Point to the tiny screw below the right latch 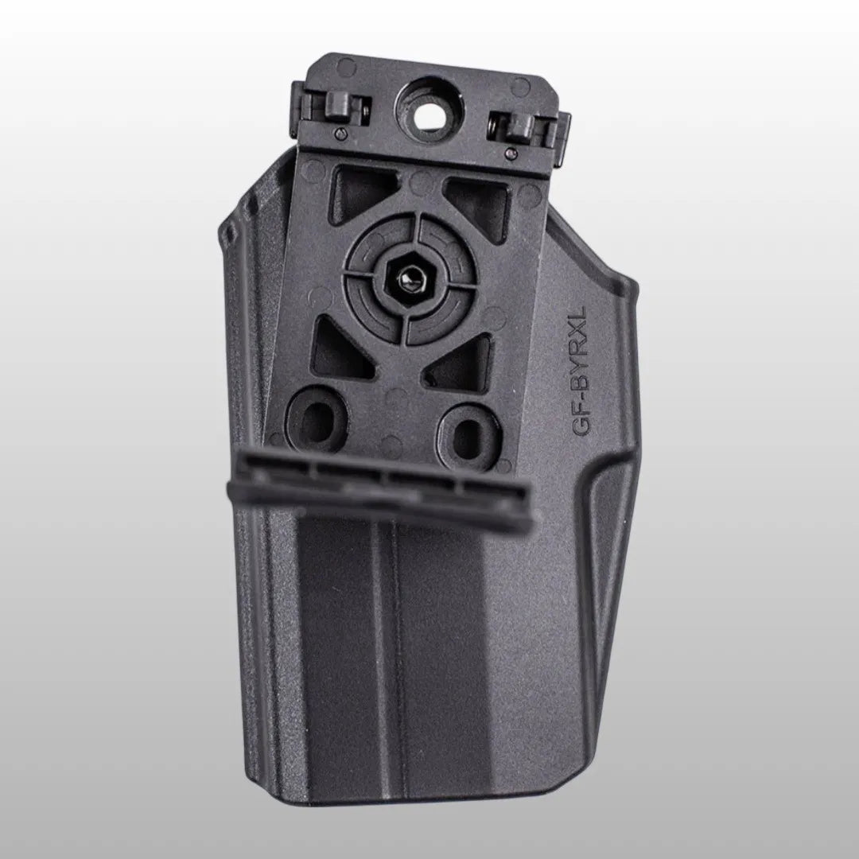(x=511, y=152)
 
